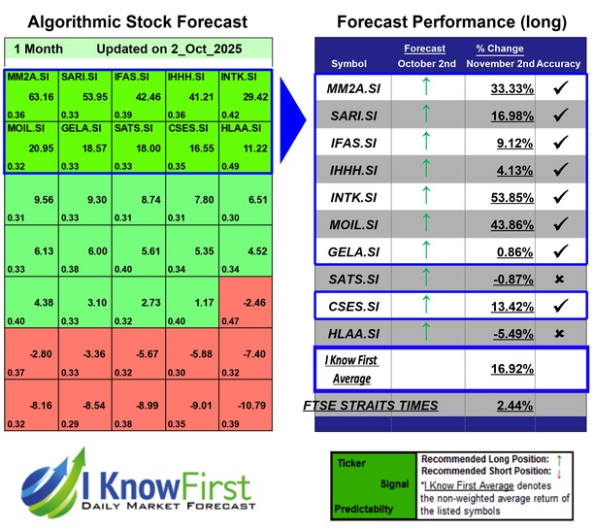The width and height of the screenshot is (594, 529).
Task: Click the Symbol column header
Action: [x=349, y=63]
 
